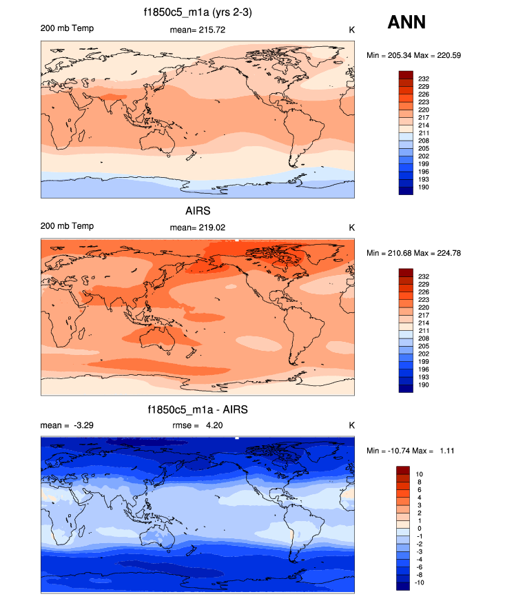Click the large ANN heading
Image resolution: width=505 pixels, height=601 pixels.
click(406, 23)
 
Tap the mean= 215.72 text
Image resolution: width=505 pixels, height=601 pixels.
click(197, 30)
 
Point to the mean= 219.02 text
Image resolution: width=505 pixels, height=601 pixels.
click(197, 227)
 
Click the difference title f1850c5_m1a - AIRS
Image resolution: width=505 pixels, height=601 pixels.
click(198, 409)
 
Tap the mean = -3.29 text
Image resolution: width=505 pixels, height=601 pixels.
click(67, 425)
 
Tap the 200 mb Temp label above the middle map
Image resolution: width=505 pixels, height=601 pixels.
click(67, 226)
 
